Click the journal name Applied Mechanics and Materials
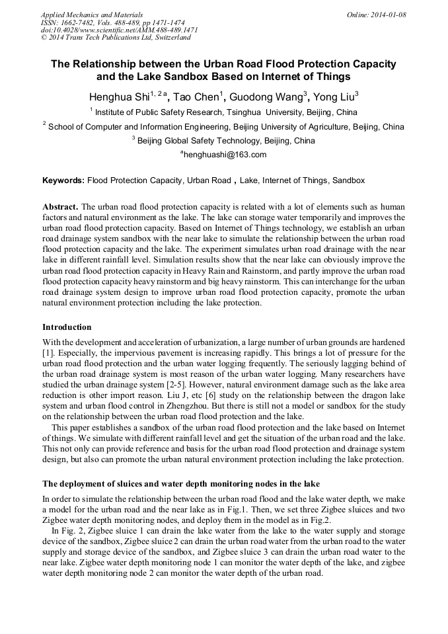(91, 15)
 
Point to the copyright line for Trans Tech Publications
(116, 38)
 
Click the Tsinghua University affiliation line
(224, 112)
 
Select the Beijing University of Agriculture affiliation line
(224, 127)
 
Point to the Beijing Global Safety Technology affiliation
(224, 141)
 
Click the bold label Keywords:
(63, 180)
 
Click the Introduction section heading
(67, 327)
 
